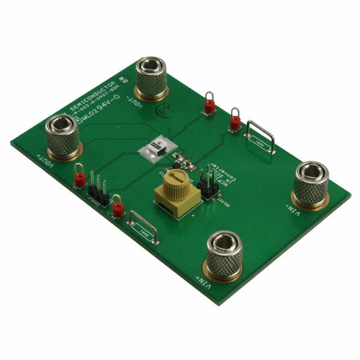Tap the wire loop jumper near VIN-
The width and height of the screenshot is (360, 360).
(260, 137)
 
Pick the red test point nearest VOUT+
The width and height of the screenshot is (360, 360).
(79, 178)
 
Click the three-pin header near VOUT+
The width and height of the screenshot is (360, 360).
(98, 191)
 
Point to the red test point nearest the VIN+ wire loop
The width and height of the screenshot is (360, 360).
(118, 208)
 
